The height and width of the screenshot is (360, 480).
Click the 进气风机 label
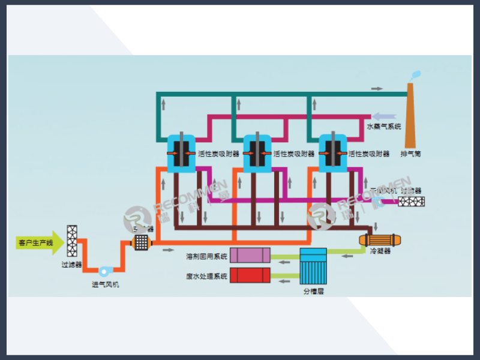[x=105, y=284]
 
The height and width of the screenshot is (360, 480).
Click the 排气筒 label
[x=411, y=154]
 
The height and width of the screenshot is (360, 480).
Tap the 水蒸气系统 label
[x=383, y=127]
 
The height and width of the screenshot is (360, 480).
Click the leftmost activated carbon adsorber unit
[x=181, y=154]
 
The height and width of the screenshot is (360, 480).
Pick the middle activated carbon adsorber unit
[x=257, y=154]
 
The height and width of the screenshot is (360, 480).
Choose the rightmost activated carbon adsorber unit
[x=332, y=154]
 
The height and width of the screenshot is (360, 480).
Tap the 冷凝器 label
[x=380, y=251]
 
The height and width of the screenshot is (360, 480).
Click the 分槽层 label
[x=313, y=291]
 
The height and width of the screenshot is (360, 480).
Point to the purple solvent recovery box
[x=251, y=256]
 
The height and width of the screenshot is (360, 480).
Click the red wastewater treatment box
[x=251, y=276]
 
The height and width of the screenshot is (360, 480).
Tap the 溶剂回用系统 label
[x=207, y=257]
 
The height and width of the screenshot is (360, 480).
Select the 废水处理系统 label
[x=207, y=276]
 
